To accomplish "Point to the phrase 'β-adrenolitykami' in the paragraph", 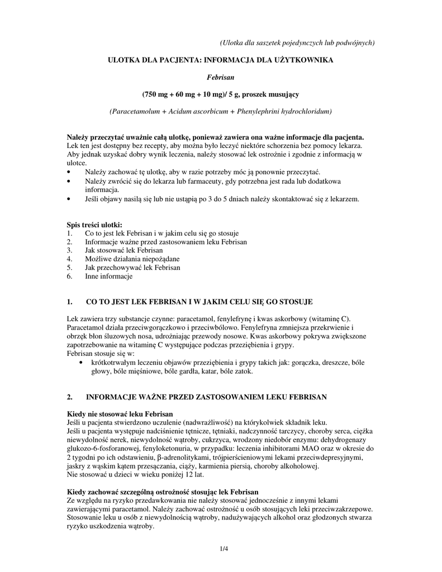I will (139, 457).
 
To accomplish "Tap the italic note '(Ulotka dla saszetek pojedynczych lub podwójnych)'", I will (297, 42).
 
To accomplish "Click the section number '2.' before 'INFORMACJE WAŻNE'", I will (70, 397).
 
